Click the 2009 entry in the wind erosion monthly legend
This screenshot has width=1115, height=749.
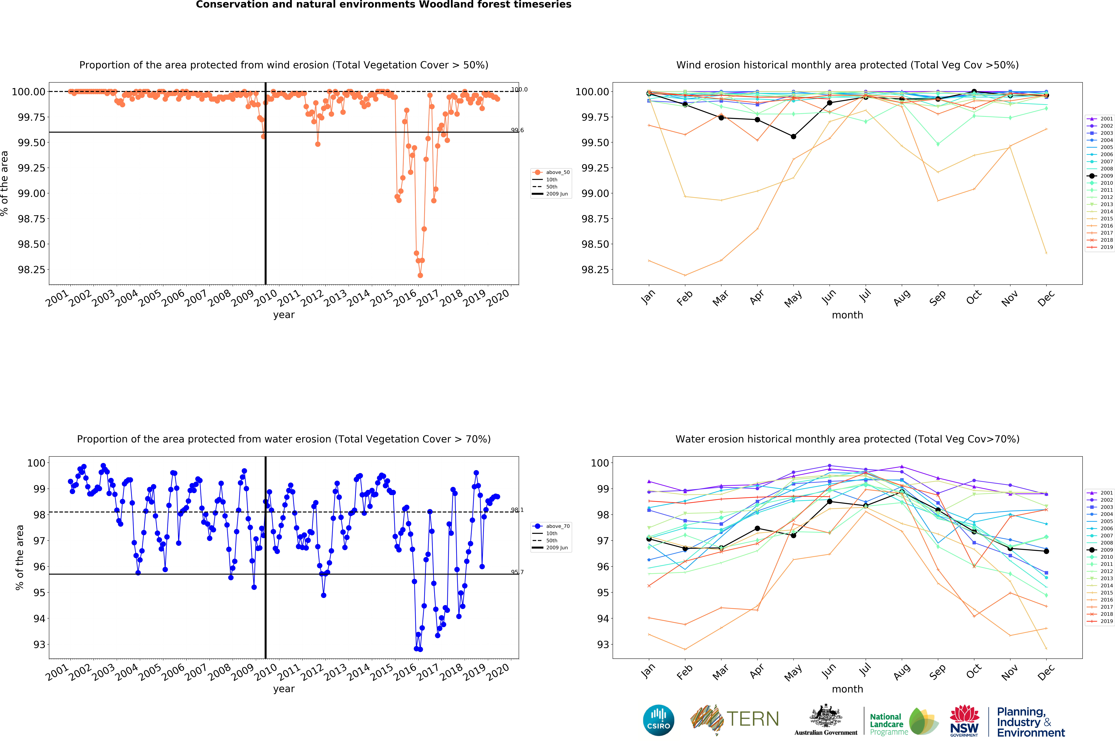pyautogui.click(x=1106, y=176)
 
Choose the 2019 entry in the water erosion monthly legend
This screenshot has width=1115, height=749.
pyautogui.click(x=1106, y=621)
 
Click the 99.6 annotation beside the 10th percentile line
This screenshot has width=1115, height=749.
pyautogui.click(x=517, y=130)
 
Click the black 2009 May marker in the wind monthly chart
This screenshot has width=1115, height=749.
pyautogui.click(x=793, y=137)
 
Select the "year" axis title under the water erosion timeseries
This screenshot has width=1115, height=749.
pyautogui.click(x=284, y=689)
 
